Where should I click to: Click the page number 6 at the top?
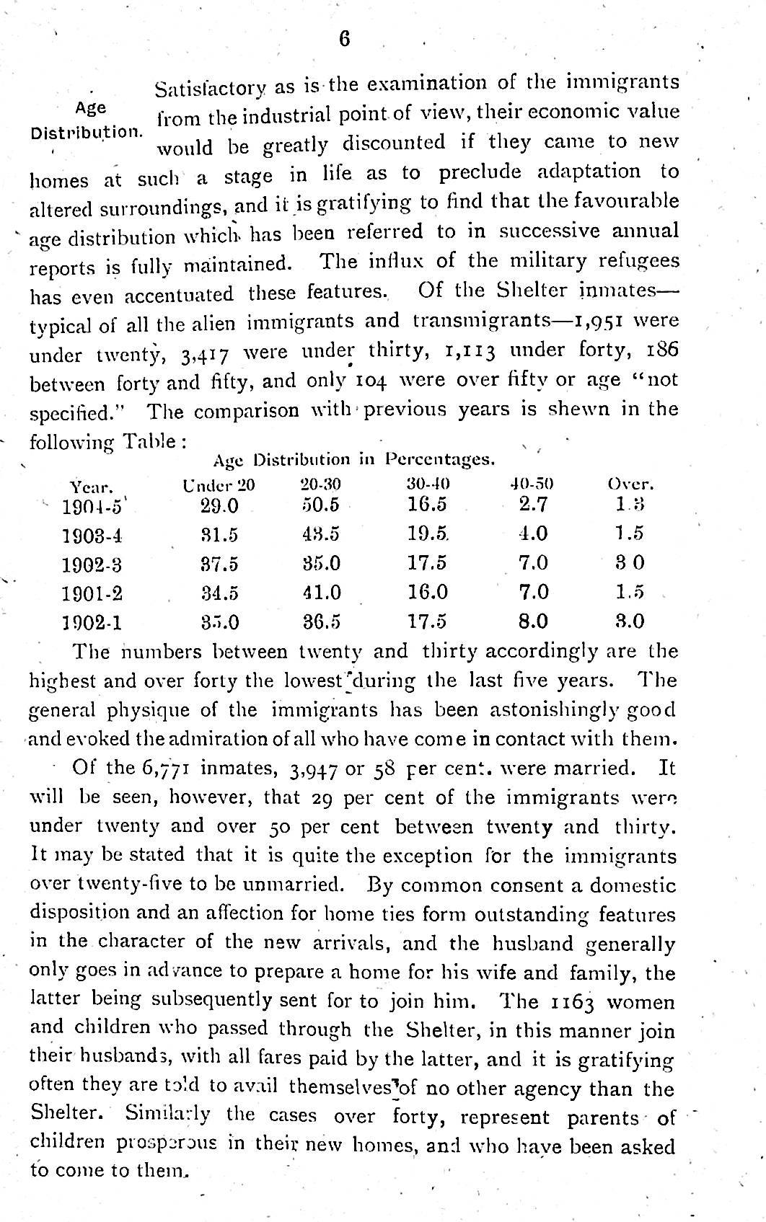pos(344,40)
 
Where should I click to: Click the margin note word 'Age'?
pos(91,108)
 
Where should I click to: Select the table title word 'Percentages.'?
pos(440,459)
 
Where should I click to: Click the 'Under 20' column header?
pos(219,484)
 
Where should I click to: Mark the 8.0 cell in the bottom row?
pos(534,621)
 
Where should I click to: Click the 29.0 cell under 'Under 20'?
pos(219,505)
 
